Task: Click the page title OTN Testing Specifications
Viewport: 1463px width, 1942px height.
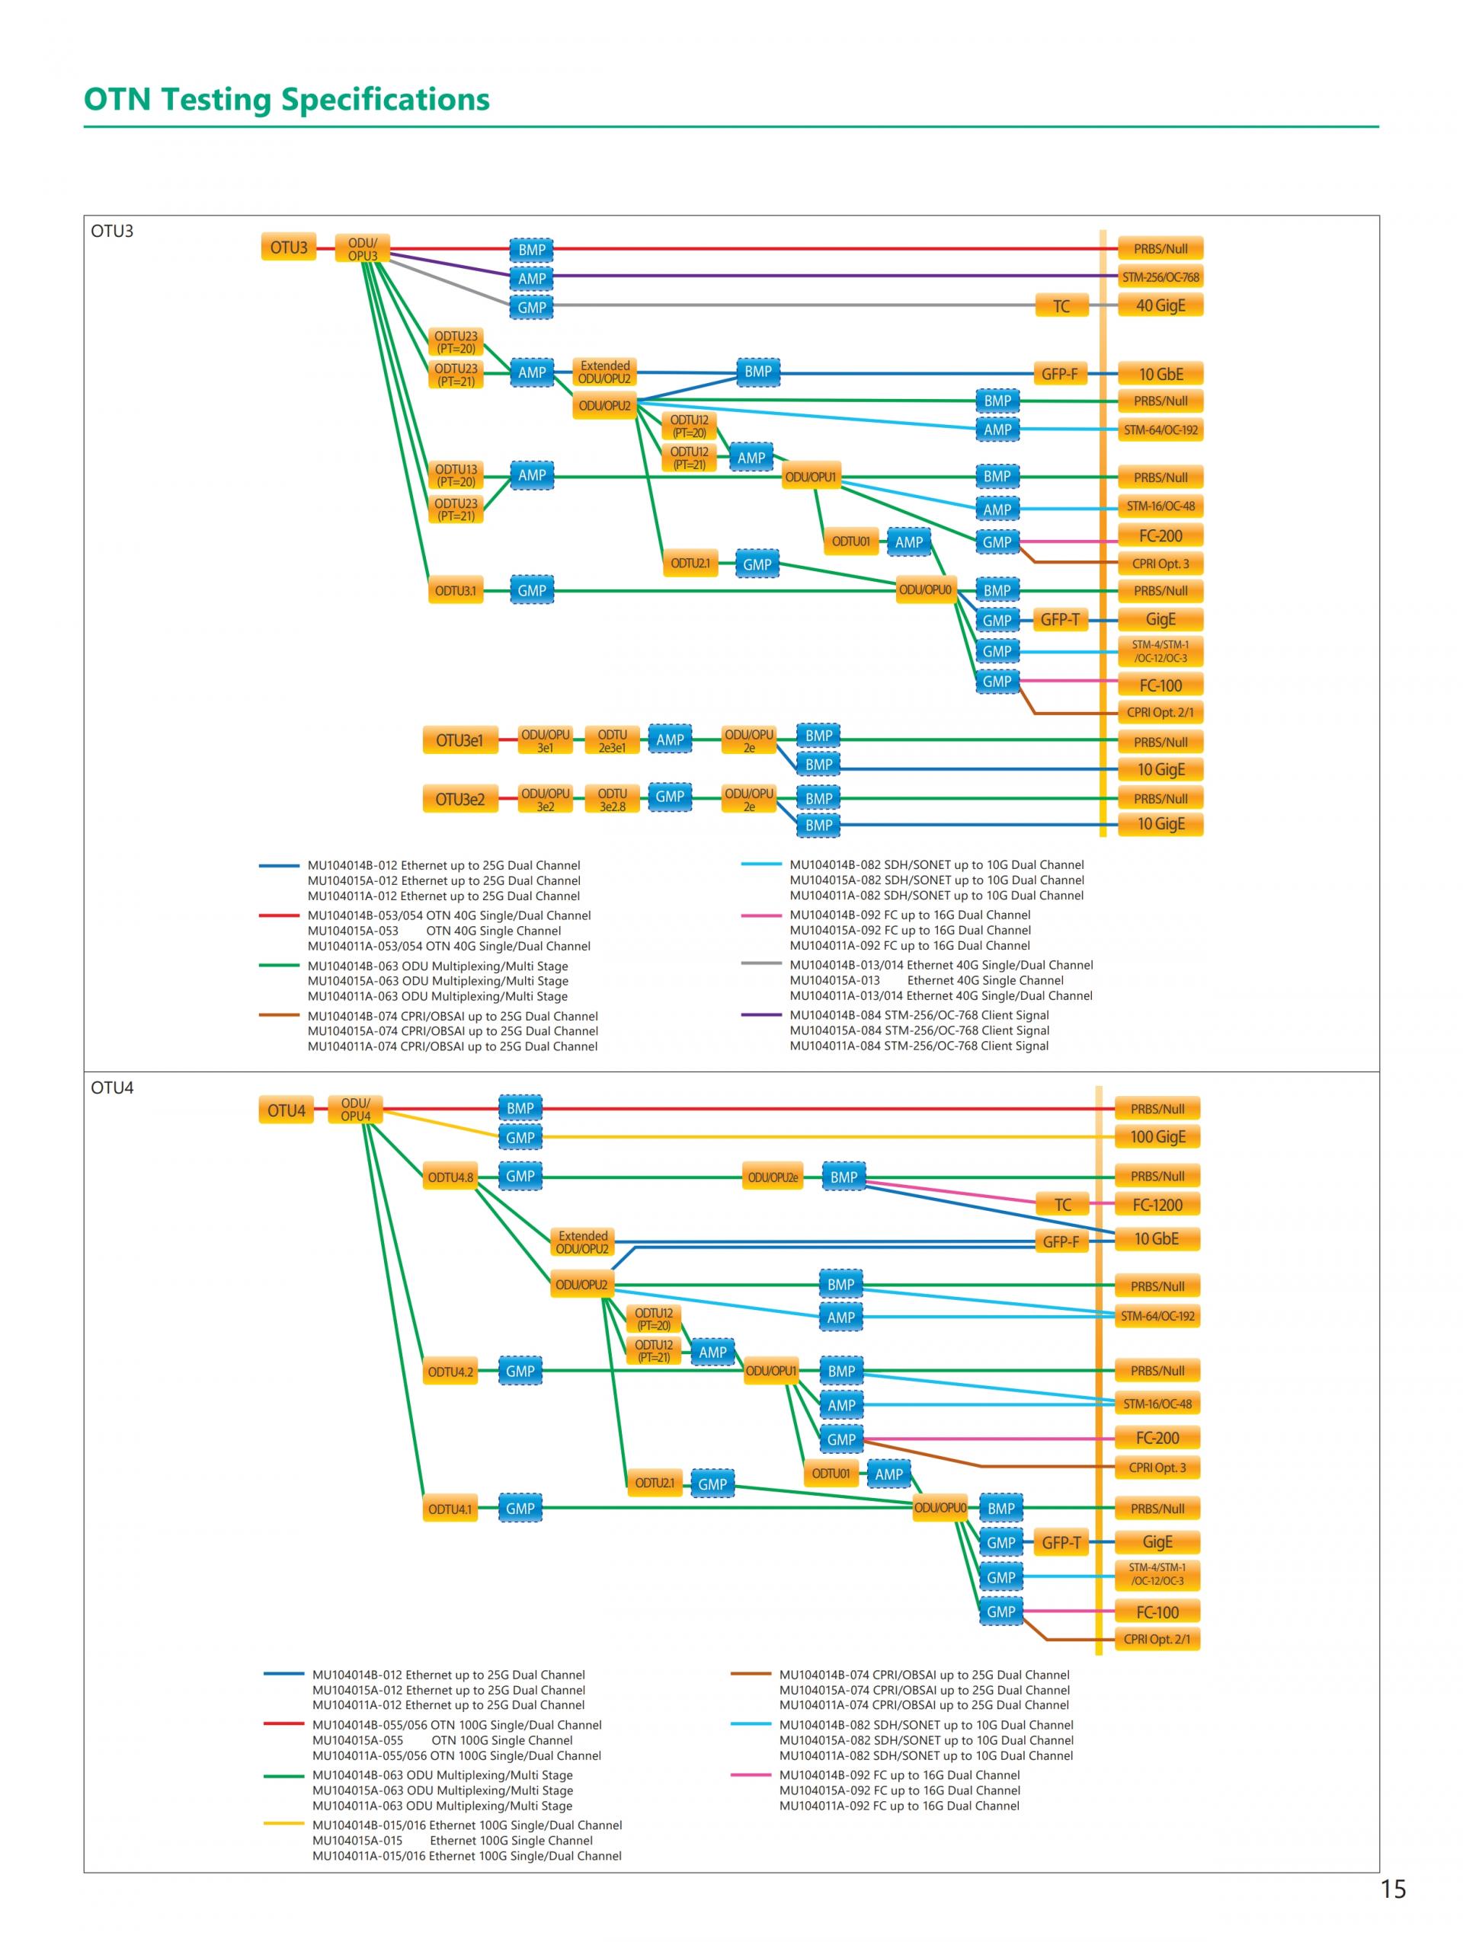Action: point(287,99)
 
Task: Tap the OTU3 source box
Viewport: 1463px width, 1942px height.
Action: point(288,248)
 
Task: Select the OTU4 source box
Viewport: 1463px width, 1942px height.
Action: point(286,1110)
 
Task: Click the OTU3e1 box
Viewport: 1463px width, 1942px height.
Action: point(459,740)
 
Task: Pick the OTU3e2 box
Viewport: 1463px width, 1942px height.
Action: point(459,799)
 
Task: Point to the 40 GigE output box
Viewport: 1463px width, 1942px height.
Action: point(1160,305)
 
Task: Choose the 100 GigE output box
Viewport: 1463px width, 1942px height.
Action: point(1157,1137)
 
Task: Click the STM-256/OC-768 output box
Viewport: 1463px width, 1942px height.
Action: point(1160,277)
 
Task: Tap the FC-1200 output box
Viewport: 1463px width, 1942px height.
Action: point(1157,1205)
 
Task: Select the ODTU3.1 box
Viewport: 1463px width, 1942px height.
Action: point(455,591)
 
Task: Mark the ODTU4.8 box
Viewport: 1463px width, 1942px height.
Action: point(450,1177)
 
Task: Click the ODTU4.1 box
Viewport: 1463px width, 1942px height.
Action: point(450,1509)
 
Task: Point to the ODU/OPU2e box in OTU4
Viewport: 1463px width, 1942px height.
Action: point(772,1177)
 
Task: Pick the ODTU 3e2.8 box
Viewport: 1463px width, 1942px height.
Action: point(612,799)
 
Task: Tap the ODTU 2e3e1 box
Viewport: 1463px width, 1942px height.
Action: point(612,740)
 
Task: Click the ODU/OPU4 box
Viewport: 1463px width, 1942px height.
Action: point(355,1110)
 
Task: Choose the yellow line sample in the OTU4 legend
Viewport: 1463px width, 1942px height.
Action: point(283,1825)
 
